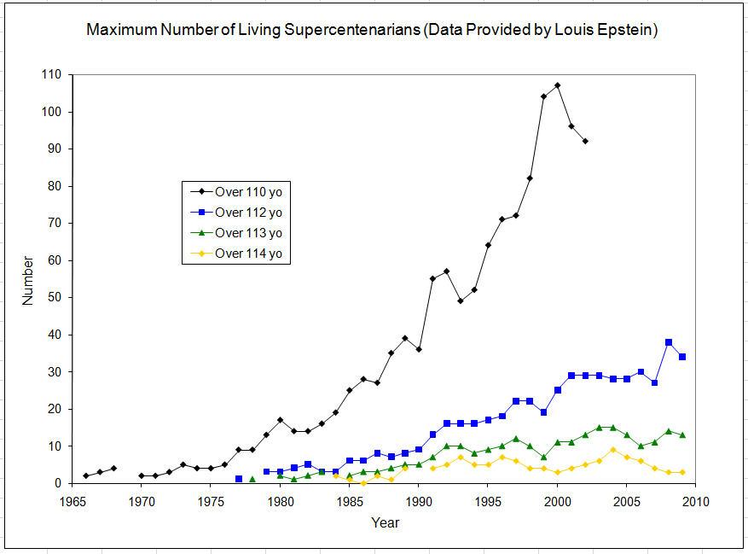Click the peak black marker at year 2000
pyautogui.click(x=557, y=85)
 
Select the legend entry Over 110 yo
pyautogui.click(x=248, y=193)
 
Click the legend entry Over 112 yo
pyautogui.click(x=248, y=213)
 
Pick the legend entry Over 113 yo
pyautogui.click(x=248, y=233)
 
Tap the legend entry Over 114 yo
pyautogui.click(x=248, y=253)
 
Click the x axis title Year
pyautogui.click(x=384, y=522)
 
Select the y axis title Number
pyautogui.click(x=28, y=279)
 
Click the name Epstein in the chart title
pyautogui.click(x=629, y=31)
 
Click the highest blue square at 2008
pyautogui.click(x=669, y=342)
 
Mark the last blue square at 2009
pyautogui.click(x=682, y=357)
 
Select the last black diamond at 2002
pyautogui.click(x=585, y=141)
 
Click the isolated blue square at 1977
pyautogui.click(x=239, y=479)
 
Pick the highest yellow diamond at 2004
pyautogui.click(x=612, y=450)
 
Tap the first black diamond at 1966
pyautogui.click(x=86, y=475)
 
